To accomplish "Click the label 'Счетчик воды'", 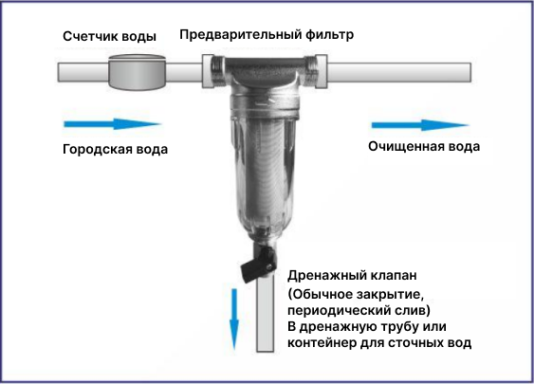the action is pos(109,36).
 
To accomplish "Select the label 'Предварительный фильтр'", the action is pos(267,34).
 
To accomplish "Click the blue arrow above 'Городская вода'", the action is pos(112,124).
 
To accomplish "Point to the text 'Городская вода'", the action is pos(115,149).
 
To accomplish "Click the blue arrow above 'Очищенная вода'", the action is pos(420,125).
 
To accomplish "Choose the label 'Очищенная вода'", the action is pos(424,146).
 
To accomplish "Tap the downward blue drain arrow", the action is pos(234,320).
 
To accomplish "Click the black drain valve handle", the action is pos(257,265).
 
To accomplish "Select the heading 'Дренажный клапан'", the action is pos(352,275).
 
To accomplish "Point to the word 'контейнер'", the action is pos(322,342).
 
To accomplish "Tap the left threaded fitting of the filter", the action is pos(213,71).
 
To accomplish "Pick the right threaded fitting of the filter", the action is pos(316,71).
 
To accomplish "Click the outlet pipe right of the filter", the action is pos(399,72).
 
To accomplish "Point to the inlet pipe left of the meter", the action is pos(83,72).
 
